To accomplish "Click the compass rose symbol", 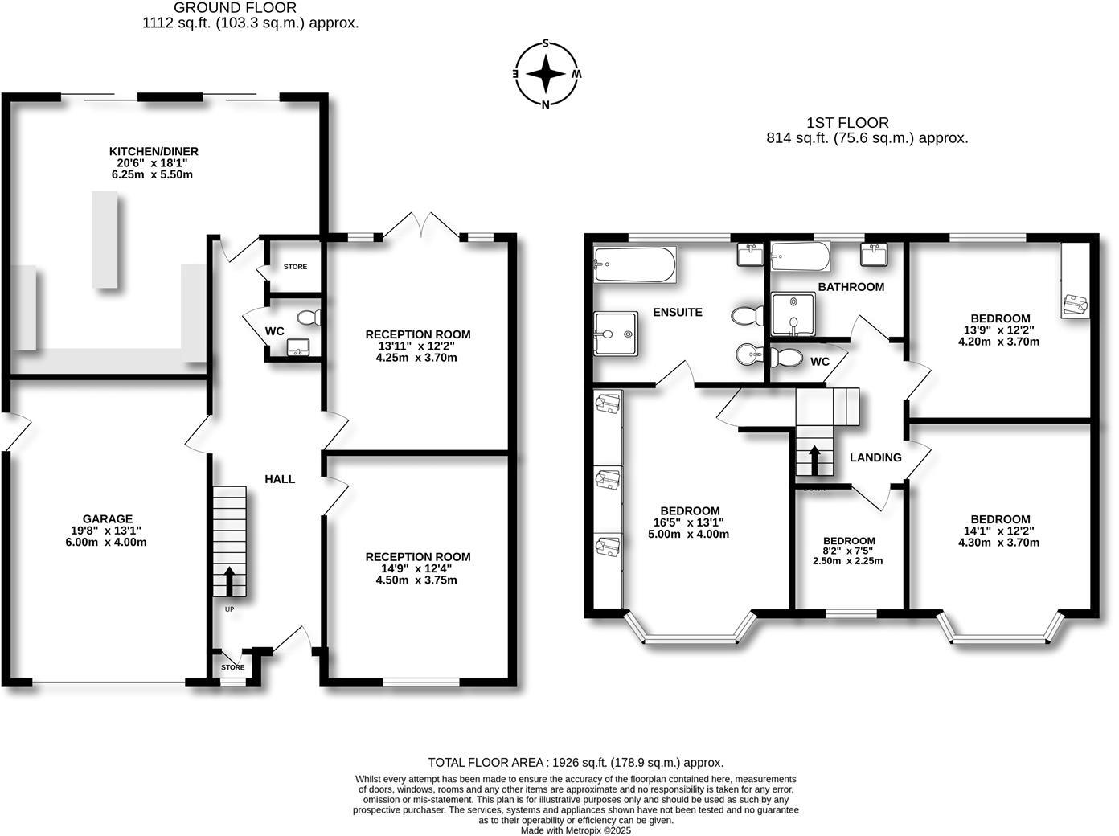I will pyautogui.click(x=547, y=74).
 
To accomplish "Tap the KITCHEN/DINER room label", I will pyautogui.click(x=154, y=151).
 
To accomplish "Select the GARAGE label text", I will pyautogui.click(x=107, y=518).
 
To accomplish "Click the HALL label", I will pyautogui.click(x=280, y=479).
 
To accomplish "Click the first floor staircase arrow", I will pyautogui.click(x=814, y=461).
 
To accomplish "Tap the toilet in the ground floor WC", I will pyautogui.click(x=308, y=318).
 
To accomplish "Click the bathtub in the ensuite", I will pyautogui.click(x=634, y=265).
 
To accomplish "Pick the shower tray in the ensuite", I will pyautogui.click(x=615, y=334).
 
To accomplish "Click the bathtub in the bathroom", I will pyautogui.click(x=799, y=257).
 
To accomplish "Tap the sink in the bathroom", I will pyautogui.click(x=873, y=255).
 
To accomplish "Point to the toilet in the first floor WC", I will pyautogui.click(x=784, y=358).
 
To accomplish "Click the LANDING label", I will pyautogui.click(x=875, y=457).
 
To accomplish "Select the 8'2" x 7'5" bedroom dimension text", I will pyautogui.click(x=849, y=551).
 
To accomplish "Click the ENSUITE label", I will pyautogui.click(x=678, y=312).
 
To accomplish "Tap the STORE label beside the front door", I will pyautogui.click(x=232, y=667).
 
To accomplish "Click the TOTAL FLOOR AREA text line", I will pyautogui.click(x=576, y=762).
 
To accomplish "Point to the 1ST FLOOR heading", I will pyautogui.click(x=847, y=123).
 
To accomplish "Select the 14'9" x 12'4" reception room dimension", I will pyautogui.click(x=417, y=568).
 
